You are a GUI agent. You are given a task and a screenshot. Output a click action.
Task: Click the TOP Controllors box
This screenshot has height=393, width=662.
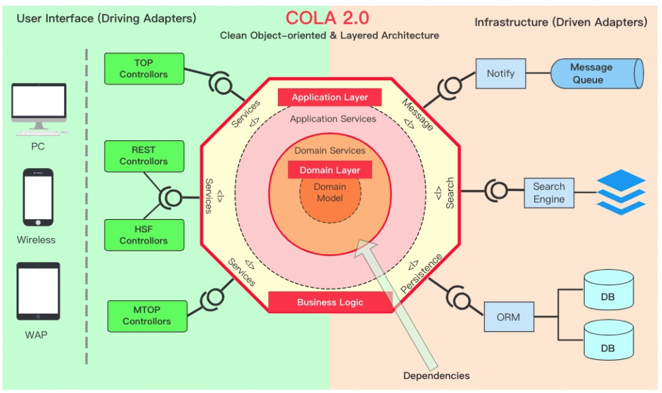(144, 69)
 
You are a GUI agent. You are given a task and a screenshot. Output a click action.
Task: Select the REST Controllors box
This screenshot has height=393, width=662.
(144, 155)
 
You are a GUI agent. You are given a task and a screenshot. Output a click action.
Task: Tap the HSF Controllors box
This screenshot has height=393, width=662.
(144, 236)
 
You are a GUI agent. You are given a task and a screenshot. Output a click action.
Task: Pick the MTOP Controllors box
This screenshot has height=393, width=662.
(146, 315)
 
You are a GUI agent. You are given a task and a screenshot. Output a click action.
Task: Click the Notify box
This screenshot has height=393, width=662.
(500, 73)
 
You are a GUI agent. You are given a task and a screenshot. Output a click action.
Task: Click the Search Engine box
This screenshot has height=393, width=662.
(549, 193)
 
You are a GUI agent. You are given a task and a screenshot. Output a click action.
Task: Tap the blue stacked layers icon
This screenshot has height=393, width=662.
(620, 192)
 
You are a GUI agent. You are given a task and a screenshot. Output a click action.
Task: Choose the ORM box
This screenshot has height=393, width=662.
(508, 317)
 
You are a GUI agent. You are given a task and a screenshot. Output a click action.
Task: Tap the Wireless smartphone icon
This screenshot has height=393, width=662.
(38, 197)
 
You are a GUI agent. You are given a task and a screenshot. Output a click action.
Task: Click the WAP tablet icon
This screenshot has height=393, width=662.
(38, 292)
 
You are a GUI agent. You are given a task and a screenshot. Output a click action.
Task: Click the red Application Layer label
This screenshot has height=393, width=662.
(330, 97)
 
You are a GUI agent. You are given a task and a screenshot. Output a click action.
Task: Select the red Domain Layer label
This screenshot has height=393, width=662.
(330, 170)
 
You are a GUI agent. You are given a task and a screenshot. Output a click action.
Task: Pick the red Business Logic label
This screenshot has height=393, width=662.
(330, 302)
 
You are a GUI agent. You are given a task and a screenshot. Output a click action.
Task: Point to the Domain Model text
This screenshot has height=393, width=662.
(330, 193)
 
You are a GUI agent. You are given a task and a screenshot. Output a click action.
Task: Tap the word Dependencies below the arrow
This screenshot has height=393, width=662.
(436, 376)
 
